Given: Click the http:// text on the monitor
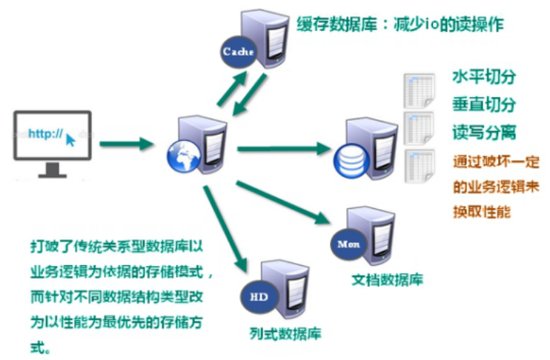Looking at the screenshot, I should [44, 134].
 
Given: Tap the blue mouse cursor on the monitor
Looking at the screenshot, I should [70, 139].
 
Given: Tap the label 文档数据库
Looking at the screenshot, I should [387, 281].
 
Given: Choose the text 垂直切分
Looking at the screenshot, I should [484, 105].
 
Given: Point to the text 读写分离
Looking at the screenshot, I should [484, 133].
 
